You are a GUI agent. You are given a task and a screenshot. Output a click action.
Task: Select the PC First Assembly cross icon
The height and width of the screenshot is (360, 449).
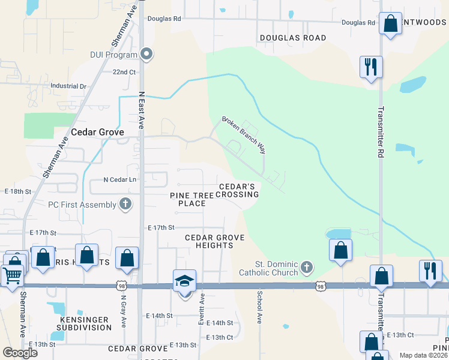point(125,204)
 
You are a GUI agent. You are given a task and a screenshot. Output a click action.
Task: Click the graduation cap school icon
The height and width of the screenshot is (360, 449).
point(185,281)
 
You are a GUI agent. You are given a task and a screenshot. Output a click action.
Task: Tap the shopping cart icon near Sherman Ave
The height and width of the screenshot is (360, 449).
point(12,276)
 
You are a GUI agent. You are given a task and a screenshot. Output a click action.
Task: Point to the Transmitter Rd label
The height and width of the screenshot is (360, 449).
point(381,132)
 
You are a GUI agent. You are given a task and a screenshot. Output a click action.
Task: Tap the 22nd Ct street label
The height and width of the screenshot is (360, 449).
point(124,72)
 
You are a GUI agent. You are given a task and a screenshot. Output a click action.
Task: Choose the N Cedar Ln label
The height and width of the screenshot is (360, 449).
point(120,179)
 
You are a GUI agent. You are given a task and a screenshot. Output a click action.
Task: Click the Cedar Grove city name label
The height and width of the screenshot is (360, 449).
point(97,132)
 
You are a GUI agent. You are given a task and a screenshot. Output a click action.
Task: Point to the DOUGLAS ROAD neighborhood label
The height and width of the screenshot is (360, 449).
point(293,38)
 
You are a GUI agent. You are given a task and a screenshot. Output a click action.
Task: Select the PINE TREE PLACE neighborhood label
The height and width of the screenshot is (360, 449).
point(196,199)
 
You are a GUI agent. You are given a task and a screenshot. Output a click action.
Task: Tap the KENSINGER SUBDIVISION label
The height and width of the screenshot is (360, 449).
point(84,323)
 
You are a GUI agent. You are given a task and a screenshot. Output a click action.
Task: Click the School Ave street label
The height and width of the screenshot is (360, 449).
point(260,307)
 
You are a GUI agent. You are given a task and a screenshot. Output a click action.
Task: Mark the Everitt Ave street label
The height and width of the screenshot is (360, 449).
point(202,310)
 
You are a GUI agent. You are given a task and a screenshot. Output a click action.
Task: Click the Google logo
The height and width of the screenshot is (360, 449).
point(20,352)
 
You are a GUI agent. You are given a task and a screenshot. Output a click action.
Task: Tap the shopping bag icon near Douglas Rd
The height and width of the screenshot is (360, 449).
point(391,25)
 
